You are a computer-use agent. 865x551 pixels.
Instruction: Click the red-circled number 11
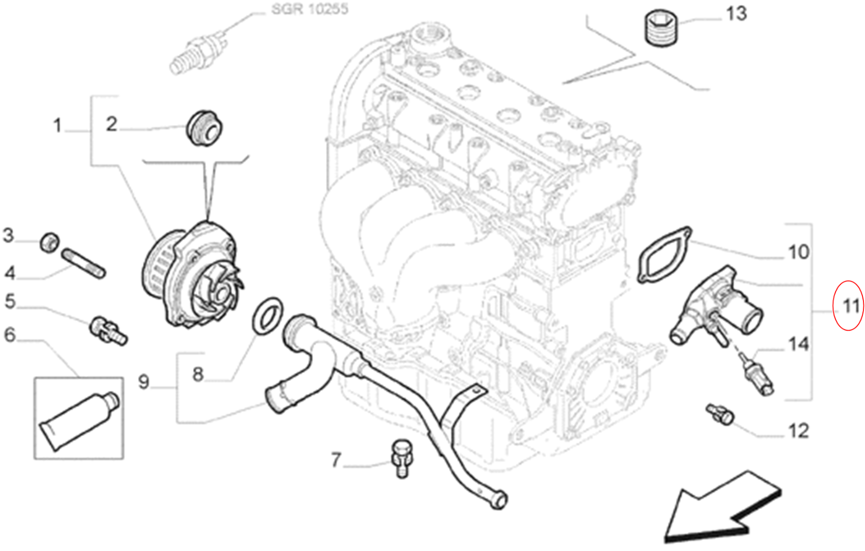[x=849, y=306]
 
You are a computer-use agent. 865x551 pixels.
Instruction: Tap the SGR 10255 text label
[x=310, y=9]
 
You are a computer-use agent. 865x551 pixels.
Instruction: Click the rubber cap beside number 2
[x=205, y=128]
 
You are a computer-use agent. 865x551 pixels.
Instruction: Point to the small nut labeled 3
[x=49, y=242]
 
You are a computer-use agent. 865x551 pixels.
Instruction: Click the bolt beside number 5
[x=108, y=331]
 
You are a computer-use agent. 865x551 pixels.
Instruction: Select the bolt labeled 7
[x=401, y=457]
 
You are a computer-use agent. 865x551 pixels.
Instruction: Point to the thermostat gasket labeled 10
[x=664, y=254]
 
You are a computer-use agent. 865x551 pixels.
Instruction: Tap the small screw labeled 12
[x=721, y=414]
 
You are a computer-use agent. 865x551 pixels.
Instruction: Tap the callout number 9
[x=144, y=382]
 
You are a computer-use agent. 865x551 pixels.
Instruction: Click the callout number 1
[x=57, y=125]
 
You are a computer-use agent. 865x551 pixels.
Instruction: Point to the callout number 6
[x=10, y=335]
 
